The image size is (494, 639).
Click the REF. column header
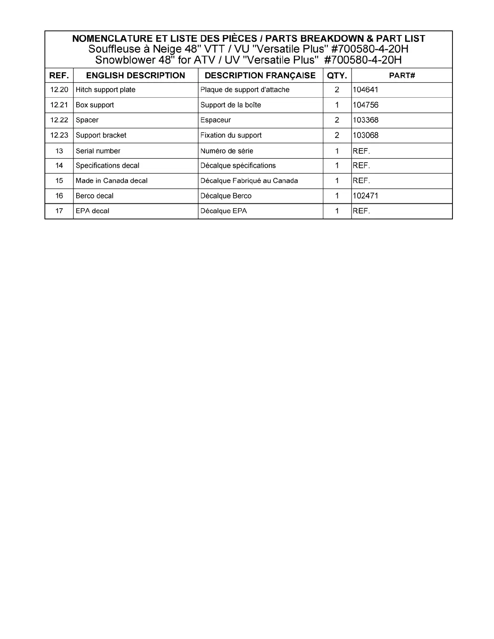(x=59, y=75)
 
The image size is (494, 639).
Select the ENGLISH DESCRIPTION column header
(x=136, y=75)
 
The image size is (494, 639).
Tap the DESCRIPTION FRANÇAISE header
(x=260, y=75)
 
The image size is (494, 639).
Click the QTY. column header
(x=337, y=75)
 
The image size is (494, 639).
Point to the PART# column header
(x=402, y=75)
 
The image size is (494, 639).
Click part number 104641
(x=366, y=90)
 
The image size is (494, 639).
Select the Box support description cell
(x=95, y=105)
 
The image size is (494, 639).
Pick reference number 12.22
(x=59, y=120)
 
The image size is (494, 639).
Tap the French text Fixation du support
(x=231, y=135)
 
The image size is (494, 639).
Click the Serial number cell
(x=98, y=151)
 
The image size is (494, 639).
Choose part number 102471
(x=366, y=196)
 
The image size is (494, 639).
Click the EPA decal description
(x=92, y=211)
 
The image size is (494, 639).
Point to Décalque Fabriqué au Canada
(x=249, y=181)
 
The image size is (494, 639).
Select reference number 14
(x=59, y=165)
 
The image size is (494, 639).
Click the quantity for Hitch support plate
(x=337, y=90)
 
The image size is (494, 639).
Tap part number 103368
(x=366, y=120)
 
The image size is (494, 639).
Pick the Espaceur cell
(x=216, y=120)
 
